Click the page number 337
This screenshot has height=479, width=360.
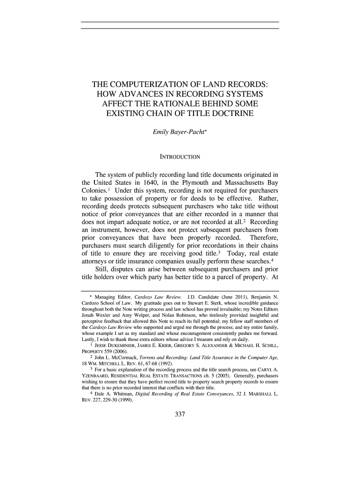point(180,414)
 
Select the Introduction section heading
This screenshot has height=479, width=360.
point(180,156)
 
